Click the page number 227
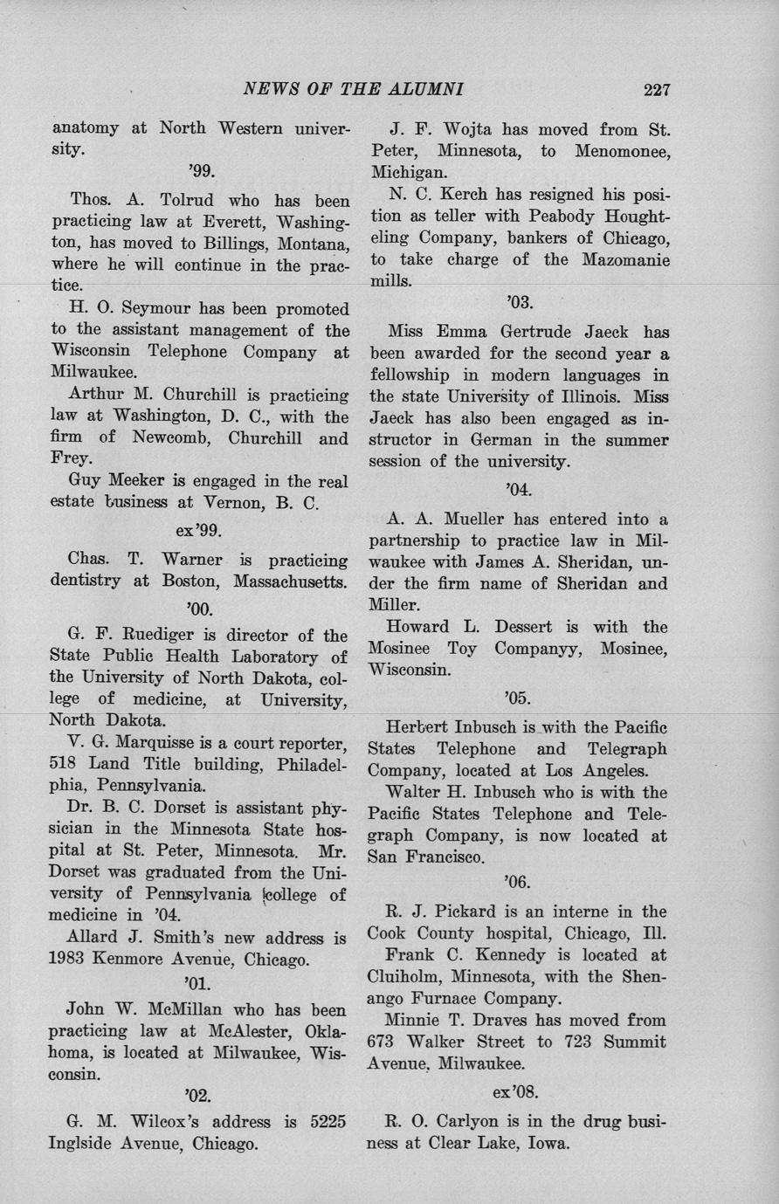pyautogui.click(x=656, y=89)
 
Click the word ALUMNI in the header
pyautogui.click(x=418, y=89)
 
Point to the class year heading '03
pyautogui.click(x=519, y=302)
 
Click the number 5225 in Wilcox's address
pyautogui.click(x=329, y=1121)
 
